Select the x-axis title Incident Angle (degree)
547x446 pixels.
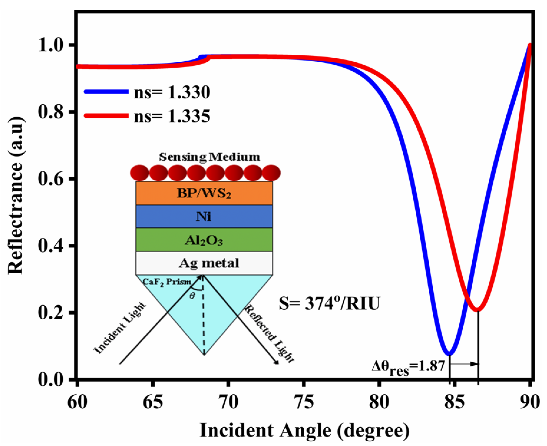pyautogui.click(x=305, y=430)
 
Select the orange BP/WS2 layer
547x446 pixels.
pyautogui.click(x=204, y=193)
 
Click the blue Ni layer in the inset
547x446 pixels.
pyautogui.click(x=204, y=216)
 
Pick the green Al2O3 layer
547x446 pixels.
pyautogui.click(x=204, y=240)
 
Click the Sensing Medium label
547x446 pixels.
pyautogui.click(x=210, y=157)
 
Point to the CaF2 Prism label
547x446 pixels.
pyautogui.click(x=167, y=282)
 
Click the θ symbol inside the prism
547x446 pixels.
pyautogui.click(x=192, y=296)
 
